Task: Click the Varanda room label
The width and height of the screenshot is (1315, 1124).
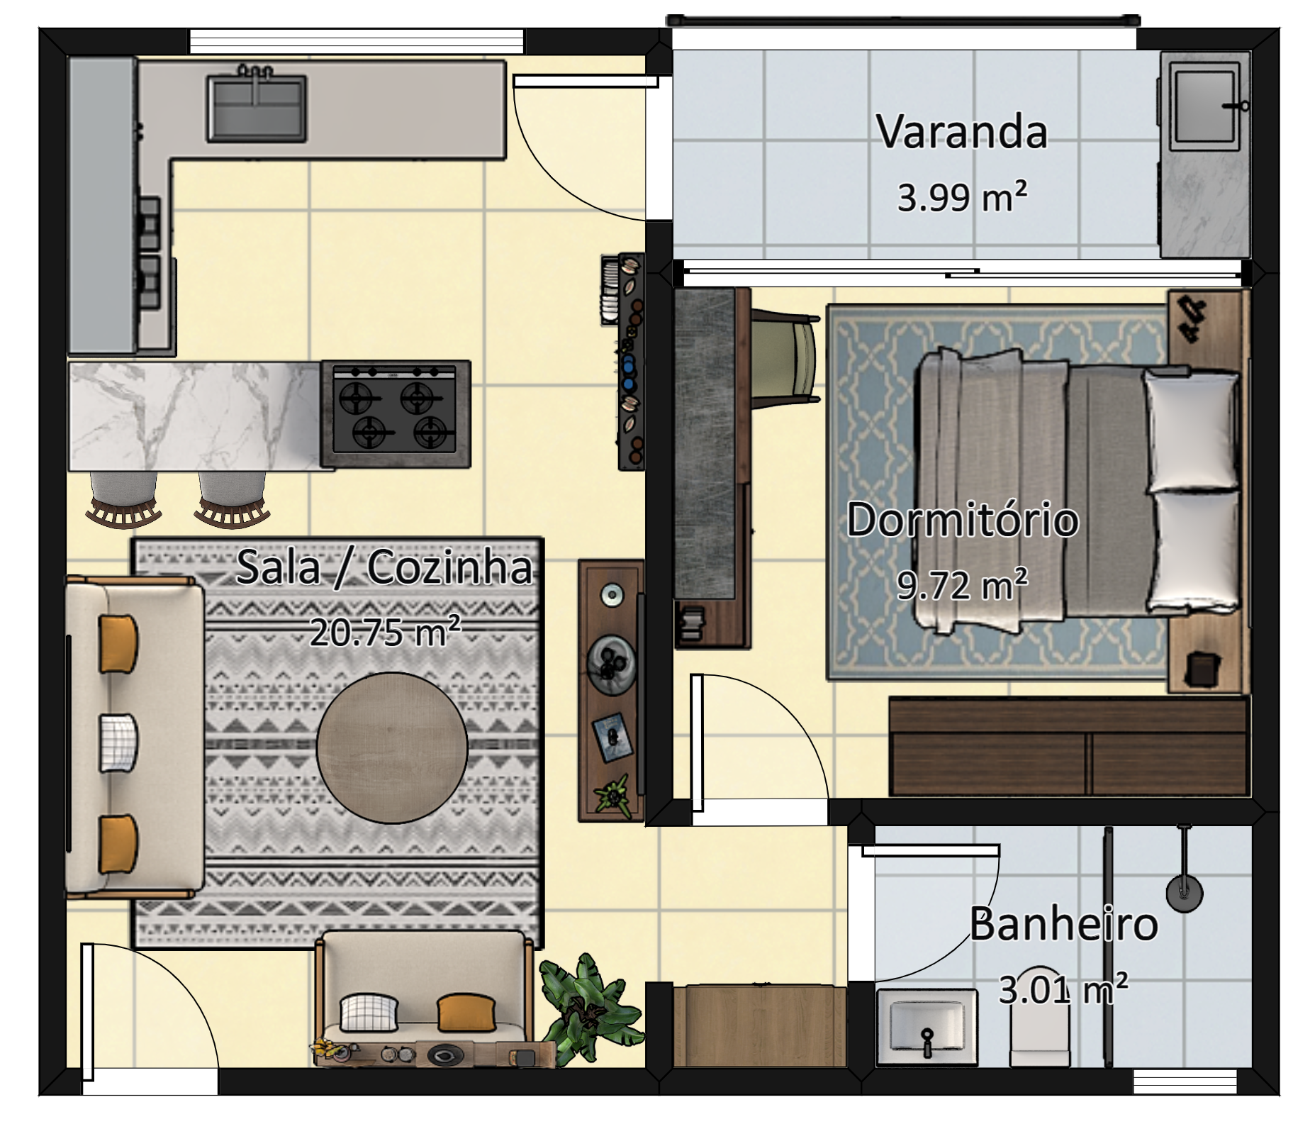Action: pos(961,132)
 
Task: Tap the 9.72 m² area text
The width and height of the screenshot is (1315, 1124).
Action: pos(962,585)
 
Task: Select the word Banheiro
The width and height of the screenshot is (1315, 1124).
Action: pos(1063,924)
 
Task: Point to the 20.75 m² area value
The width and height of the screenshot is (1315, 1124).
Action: pos(386,631)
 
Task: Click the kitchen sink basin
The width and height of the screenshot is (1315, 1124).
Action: pos(257,108)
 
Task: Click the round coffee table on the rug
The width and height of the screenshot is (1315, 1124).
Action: pos(392,747)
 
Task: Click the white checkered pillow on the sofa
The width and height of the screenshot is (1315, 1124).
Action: pos(118,742)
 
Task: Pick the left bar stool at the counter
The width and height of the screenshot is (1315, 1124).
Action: pos(123,499)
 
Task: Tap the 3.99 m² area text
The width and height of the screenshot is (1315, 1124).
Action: pos(962,196)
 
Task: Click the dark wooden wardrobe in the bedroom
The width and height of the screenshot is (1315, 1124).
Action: pos(1069,746)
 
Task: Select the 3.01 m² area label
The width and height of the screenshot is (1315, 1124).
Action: pos(1063,989)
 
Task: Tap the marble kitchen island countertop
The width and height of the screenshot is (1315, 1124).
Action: pos(194,416)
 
